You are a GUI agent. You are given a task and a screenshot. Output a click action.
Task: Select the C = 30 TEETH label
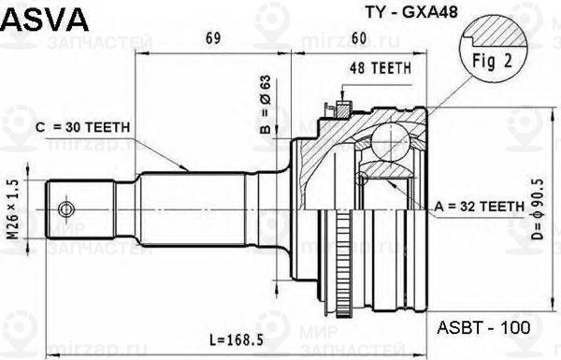(x=82, y=126)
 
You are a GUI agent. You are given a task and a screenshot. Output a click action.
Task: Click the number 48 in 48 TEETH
(x=356, y=68)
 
